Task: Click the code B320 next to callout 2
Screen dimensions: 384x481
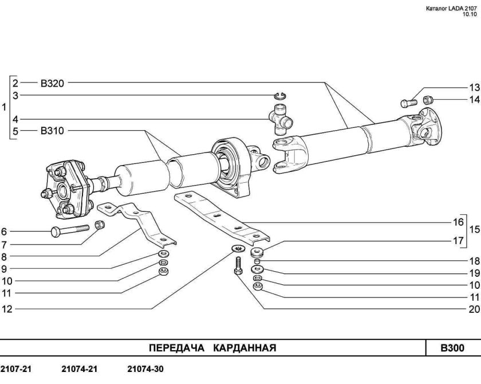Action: pos(52,83)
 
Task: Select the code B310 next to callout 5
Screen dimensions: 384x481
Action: pos(52,131)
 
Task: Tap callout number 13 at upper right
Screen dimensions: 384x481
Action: pos(473,88)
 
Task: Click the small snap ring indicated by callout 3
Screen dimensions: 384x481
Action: pos(280,96)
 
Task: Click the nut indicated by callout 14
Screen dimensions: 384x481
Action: pos(428,101)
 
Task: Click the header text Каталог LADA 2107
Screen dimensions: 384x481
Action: pos(452,9)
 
